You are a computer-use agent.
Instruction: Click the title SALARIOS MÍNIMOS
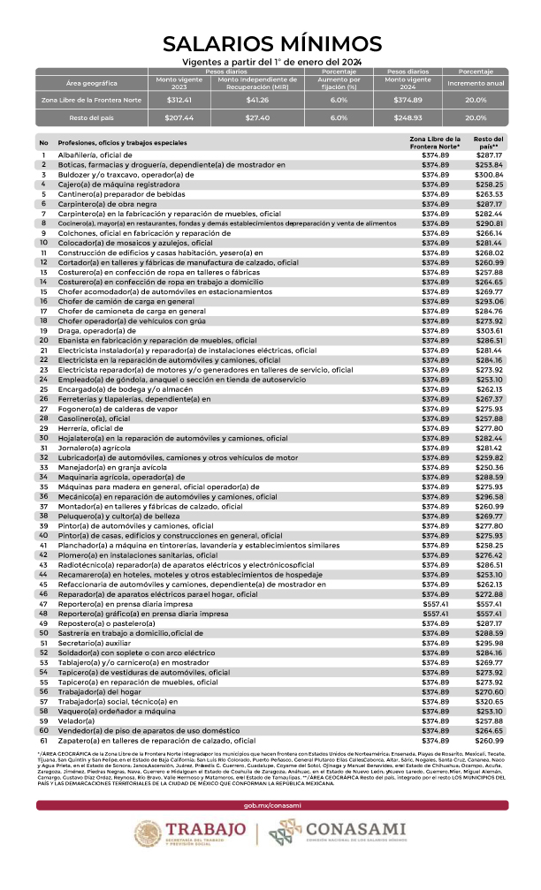click(x=271, y=43)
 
